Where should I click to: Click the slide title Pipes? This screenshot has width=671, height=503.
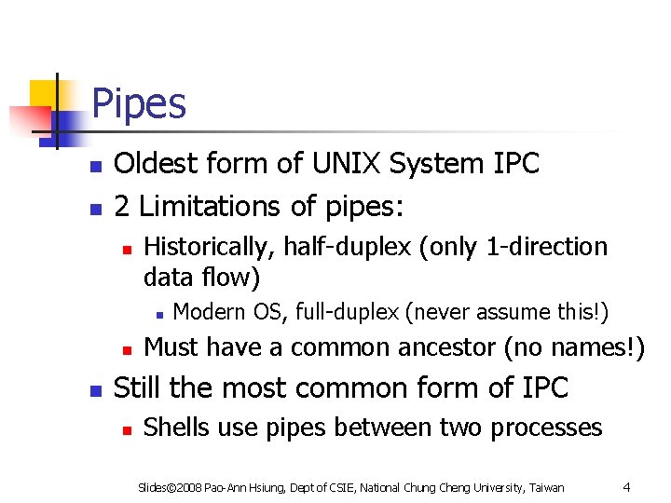(x=139, y=104)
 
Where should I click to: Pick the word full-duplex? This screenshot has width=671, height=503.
(x=348, y=311)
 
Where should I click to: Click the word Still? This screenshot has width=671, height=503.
(x=138, y=387)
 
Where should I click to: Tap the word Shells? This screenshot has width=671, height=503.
(x=177, y=428)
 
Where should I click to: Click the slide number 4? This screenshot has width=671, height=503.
(x=627, y=486)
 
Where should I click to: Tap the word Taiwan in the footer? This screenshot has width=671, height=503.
(x=546, y=487)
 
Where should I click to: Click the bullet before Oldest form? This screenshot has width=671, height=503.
(x=95, y=166)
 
